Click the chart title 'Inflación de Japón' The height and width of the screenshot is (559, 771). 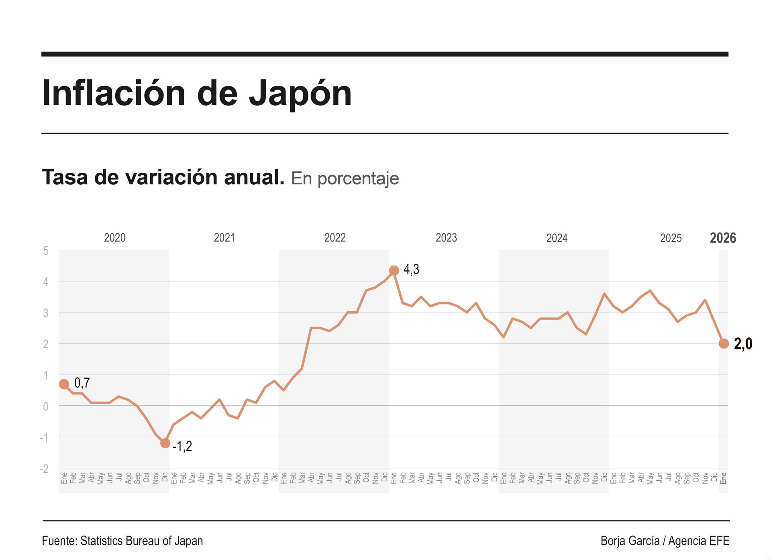coord(197,93)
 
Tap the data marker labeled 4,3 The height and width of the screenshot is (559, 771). coord(394,271)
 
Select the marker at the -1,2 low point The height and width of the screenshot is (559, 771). coord(165,443)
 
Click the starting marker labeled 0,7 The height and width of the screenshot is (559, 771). coord(64,384)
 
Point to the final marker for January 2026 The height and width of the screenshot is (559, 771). coord(724,344)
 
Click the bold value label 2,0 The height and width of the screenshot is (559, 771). coord(743,344)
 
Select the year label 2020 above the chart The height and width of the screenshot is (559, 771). coord(114,238)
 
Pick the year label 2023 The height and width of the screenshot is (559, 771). coord(446,238)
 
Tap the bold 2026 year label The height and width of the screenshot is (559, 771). coord(723,238)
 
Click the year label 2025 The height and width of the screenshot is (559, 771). coord(671,238)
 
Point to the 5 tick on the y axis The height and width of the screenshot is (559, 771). coord(46,251)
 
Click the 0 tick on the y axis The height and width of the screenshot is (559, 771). coord(46,406)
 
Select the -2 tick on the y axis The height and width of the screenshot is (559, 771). coord(44,469)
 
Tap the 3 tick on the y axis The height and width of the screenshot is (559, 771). coord(46,313)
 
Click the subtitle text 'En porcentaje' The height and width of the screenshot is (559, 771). coord(345,179)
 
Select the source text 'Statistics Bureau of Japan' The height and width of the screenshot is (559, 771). coord(142,541)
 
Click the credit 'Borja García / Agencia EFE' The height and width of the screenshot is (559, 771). coord(665,541)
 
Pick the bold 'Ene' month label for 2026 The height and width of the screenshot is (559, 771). coord(724,478)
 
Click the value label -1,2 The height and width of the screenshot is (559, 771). coord(182,446)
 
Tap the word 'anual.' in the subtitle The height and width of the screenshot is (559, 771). coord(254,177)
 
